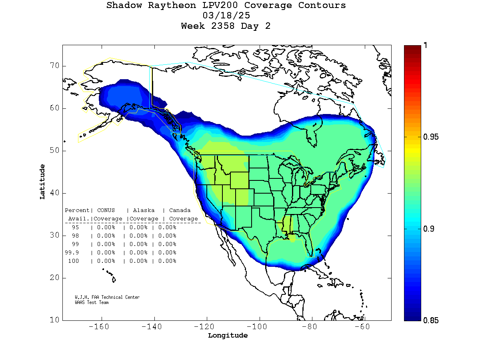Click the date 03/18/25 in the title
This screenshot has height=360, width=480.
(226, 16)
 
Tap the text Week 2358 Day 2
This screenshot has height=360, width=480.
(226, 26)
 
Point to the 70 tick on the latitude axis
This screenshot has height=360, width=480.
(55, 66)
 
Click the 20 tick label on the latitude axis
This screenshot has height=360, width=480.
(55, 278)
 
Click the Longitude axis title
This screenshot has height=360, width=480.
(228, 335)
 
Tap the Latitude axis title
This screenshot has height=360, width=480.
(42, 182)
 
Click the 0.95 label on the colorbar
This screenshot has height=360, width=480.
(431, 137)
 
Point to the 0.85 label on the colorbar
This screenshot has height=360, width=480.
(431, 320)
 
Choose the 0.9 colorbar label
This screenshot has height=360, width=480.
(429, 229)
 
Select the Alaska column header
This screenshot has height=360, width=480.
(144, 210)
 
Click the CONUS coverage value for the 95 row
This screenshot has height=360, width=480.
(106, 227)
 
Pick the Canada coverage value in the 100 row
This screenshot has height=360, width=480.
(167, 261)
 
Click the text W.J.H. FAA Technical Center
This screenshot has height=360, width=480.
(107, 297)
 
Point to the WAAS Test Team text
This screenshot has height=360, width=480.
(92, 302)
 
